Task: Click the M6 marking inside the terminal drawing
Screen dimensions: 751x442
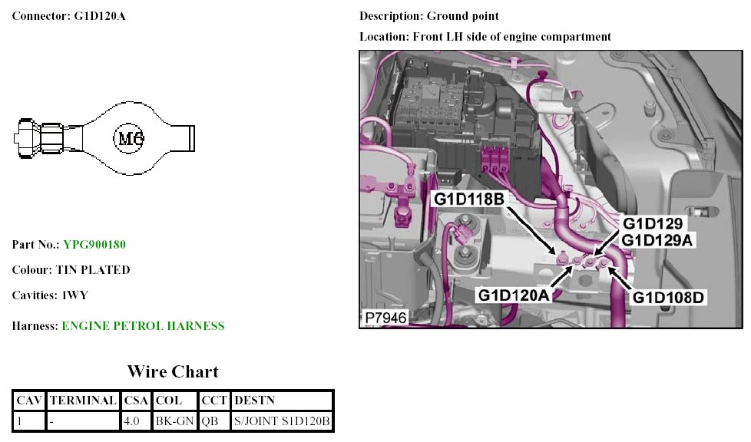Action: [x=130, y=138]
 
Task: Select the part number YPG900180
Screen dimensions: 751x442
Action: [x=94, y=245]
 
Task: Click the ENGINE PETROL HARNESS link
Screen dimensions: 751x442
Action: [x=143, y=326]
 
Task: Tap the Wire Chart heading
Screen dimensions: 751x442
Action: [x=173, y=372]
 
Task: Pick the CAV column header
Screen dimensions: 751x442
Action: [x=29, y=401]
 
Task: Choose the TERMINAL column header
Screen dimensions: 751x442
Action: [x=83, y=401]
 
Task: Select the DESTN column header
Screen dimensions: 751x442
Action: [x=254, y=401]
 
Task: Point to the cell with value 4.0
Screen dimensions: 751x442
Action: [x=131, y=421]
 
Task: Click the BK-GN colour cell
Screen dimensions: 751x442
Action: [x=174, y=421]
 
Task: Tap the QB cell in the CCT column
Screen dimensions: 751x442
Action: [x=210, y=421]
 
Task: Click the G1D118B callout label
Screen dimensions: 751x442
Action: [x=469, y=200]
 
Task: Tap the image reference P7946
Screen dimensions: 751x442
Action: [x=385, y=317]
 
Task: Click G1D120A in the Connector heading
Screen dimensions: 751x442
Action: [x=100, y=15]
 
